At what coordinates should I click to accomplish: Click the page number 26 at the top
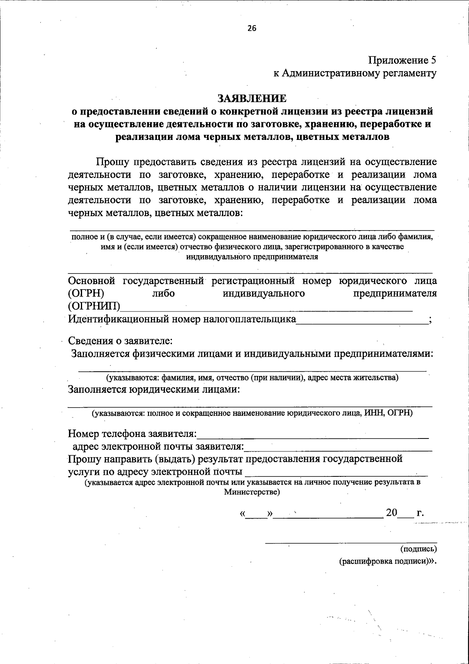(x=251, y=28)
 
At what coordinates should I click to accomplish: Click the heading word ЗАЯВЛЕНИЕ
(x=252, y=98)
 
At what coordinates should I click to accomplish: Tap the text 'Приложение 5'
(x=402, y=60)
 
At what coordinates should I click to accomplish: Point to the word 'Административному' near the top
(x=326, y=73)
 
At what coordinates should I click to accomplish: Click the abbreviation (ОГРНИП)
(x=94, y=306)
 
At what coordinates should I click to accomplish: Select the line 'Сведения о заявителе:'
(x=120, y=341)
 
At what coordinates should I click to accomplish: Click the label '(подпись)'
(x=419, y=549)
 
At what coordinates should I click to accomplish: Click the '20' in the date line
(x=392, y=513)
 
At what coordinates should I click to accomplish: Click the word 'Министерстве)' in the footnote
(x=252, y=492)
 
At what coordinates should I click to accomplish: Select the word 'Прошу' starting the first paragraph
(x=113, y=162)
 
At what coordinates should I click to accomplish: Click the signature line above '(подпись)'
(x=351, y=541)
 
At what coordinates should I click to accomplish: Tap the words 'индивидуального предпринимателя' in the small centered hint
(x=252, y=257)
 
